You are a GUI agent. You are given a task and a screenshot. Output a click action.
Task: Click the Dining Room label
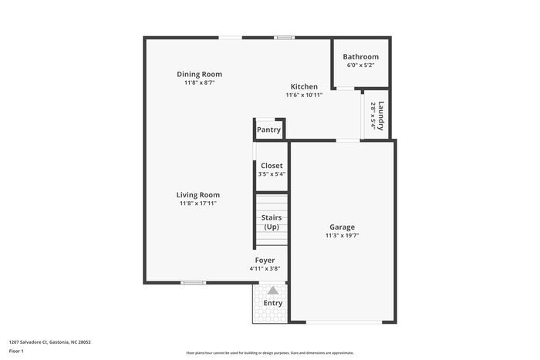click(x=199, y=74)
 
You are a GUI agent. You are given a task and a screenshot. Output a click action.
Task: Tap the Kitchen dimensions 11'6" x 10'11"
click(x=304, y=96)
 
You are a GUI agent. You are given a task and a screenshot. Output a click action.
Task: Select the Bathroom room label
click(x=360, y=56)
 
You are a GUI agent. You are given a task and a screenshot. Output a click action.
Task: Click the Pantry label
click(x=268, y=130)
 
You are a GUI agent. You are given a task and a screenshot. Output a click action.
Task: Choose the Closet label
click(x=272, y=166)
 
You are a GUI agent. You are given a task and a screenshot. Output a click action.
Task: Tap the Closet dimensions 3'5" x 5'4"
click(x=272, y=174)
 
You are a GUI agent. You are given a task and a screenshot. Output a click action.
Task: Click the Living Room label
click(x=199, y=195)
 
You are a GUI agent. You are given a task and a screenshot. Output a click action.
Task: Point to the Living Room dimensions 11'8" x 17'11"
click(x=199, y=204)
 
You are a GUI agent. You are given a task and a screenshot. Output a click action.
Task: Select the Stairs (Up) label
click(x=272, y=222)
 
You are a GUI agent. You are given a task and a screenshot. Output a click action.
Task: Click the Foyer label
click(x=265, y=261)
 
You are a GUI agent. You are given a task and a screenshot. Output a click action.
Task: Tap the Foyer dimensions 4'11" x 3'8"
click(x=265, y=269)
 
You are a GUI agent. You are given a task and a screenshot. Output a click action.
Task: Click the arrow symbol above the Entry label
click(x=272, y=290)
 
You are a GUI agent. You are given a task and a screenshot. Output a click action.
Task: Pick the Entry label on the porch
click(x=273, y=303)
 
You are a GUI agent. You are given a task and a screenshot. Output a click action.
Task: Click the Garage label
click(x=343, y=227)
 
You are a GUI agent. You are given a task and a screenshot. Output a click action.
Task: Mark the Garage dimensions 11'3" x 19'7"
click(x=343, y=236)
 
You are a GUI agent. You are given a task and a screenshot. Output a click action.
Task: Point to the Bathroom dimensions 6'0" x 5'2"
click(x=360, y=66)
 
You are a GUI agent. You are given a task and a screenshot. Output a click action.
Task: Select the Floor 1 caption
click(x=16, y=351)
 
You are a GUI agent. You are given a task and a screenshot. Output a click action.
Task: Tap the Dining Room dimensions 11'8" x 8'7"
click(x=199, y=82)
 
